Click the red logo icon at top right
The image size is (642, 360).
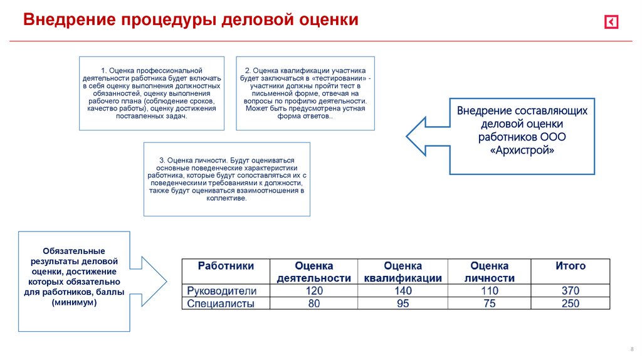pos(611,23)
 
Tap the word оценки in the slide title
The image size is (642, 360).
pos(329,20)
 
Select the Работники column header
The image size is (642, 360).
pos(226,266)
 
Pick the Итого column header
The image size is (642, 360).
pos(571,266)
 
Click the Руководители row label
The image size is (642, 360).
pos(223,291)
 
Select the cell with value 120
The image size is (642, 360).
pos(313,291)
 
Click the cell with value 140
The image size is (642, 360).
pos(403,291)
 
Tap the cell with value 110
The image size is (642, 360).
pos(489,291)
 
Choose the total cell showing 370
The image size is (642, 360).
pos(571,291)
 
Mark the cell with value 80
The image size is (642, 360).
pos(313,304)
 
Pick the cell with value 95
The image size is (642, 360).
pos(403,304)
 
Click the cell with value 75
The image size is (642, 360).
pos(489,304)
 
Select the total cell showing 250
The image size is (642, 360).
pos(571,304)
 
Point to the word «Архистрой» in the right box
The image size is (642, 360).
pos(522,151)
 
